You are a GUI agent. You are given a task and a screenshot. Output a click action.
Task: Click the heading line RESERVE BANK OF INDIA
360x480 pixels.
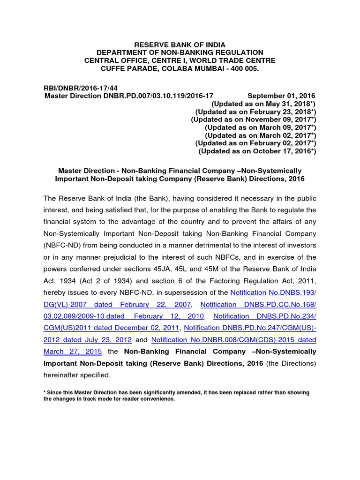(x=180, y=45)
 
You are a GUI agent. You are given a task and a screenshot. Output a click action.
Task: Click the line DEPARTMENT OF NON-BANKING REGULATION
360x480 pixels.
(x=180, y=52)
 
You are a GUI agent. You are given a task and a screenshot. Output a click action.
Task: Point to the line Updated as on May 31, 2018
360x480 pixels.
(x=264, y=104)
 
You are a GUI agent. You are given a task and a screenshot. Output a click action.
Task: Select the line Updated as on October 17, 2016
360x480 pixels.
(x=257, y=151)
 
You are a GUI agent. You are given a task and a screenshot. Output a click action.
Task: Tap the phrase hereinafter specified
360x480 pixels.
(x=77, y=375)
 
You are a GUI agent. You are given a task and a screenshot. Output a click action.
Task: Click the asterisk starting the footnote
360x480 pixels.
(x=45, y=392)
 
